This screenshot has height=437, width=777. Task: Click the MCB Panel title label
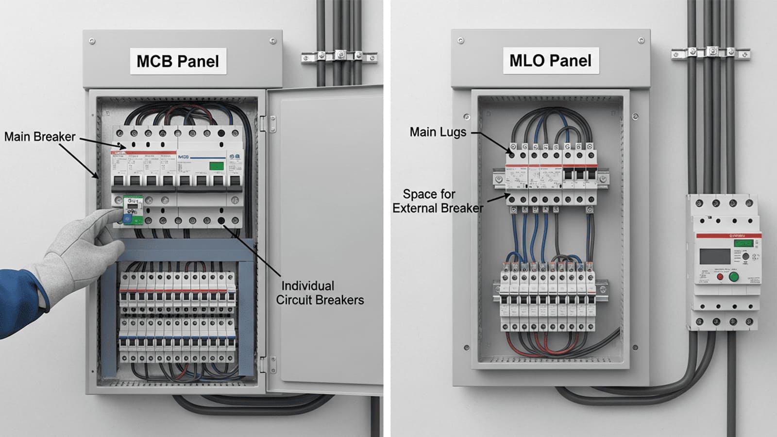tap(178, 61)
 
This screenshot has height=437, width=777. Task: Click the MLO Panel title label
tap(550, 61)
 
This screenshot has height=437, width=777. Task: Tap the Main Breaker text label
tap(40, 137)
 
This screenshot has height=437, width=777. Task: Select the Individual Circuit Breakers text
tap(320, 293)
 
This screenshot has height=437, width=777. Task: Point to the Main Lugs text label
tap(438, 132)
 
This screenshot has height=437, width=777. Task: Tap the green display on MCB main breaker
tap(216, 166)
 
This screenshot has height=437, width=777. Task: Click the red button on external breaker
tap(720, 277)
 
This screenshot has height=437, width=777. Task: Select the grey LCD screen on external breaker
tap(714, 256)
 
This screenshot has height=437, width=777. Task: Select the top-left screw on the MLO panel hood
tap(460, 41)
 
